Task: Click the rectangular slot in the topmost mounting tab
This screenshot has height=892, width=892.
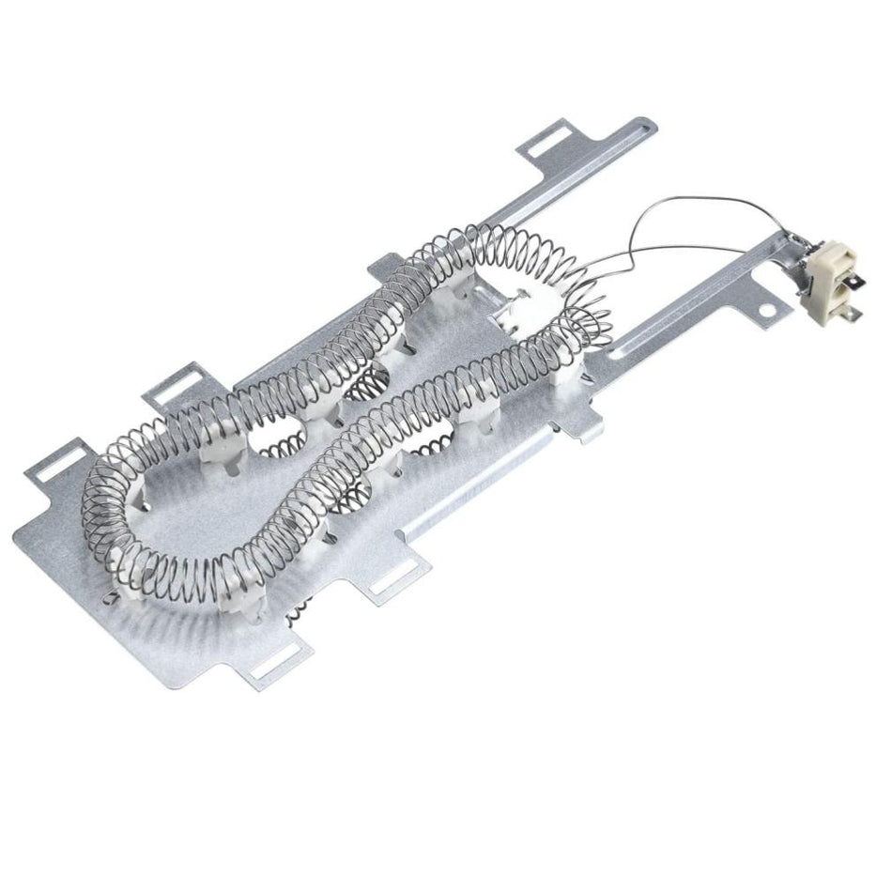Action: coord(542,146)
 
